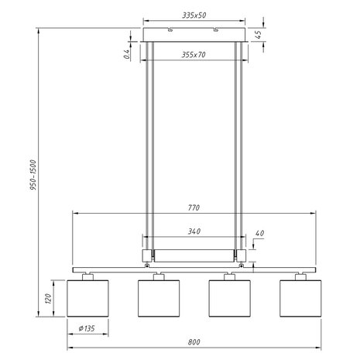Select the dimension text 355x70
click(x=194, y=55)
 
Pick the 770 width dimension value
click(x=194, y=208)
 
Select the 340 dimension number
click(x=194, y=231)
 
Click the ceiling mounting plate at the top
click(x=194, y=36)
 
